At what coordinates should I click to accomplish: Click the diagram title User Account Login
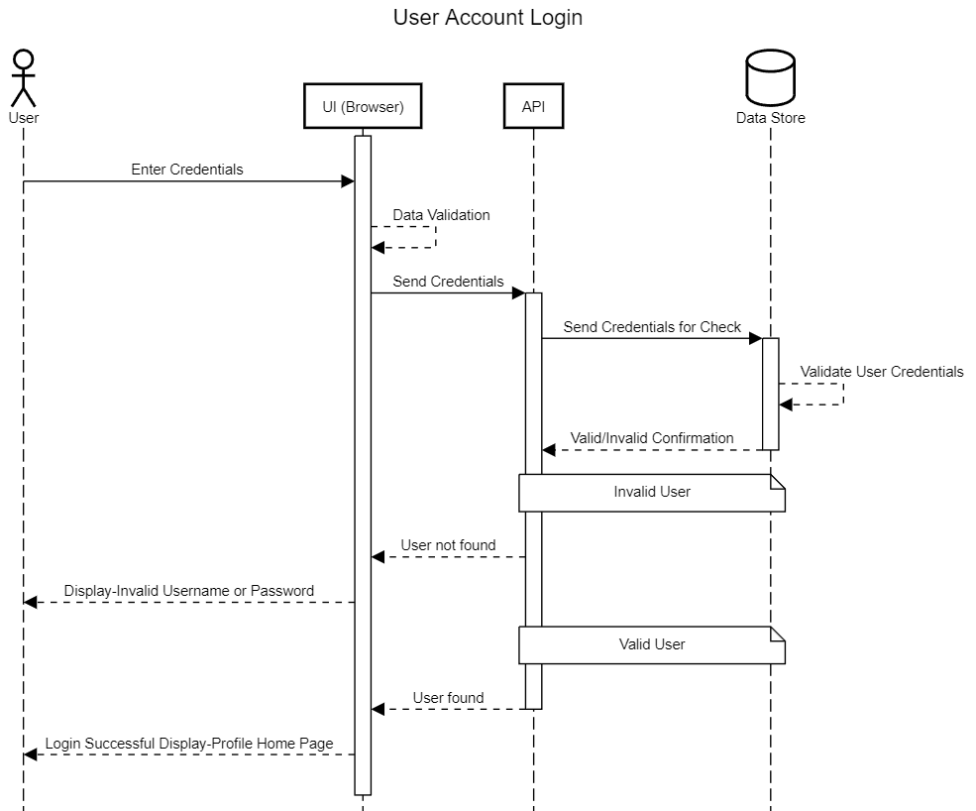click(x=488, y=18)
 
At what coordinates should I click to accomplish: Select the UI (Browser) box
click(x=363, y=107)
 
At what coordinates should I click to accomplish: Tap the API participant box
click(x=533, y=107)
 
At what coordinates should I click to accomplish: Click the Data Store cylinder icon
click(x=770, y=78)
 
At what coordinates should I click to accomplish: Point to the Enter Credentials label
click(x=187, y=170)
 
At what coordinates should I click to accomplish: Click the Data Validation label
click(x=441, y=215)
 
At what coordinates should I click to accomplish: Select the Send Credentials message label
click(x=448, y=282)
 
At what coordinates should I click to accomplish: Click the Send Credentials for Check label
click(x=652, y=327)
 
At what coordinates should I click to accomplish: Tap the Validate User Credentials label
click(x=881, y=372)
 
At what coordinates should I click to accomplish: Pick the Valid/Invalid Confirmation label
click(x=652, y=438)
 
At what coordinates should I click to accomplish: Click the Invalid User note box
click(x=652, y=492)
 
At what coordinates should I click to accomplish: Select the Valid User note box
click(x=652, y=644)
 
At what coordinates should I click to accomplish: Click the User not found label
click(x=448, y=545)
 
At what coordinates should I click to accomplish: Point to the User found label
click(x=448, y=698)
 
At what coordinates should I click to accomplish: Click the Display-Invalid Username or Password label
click(x=189, y=591)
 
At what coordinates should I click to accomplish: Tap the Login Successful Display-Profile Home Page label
click(x=189, y=744)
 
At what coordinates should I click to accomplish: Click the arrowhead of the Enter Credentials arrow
click(x=348, y=181)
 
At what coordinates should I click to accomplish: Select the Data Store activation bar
click(x=770, y=394)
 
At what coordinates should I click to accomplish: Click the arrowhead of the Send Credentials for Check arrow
click(x=755, y=339)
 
